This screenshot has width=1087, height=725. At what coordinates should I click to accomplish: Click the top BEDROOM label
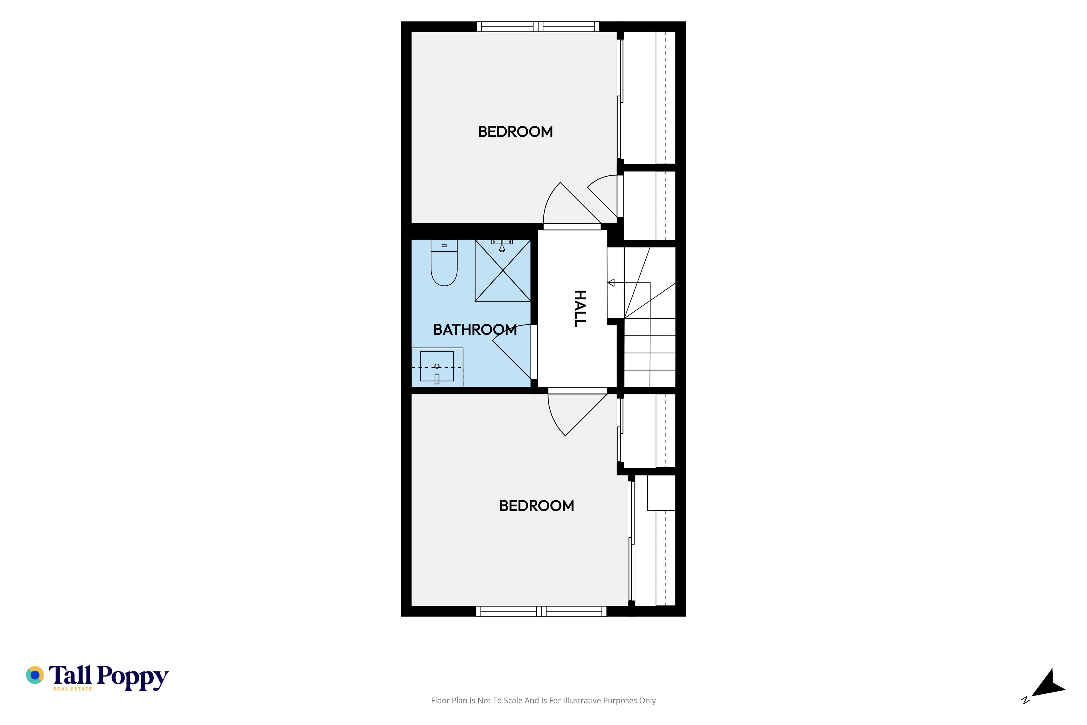(x=515, y=132)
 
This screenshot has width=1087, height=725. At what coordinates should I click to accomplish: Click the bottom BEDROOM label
(x=537, y=506)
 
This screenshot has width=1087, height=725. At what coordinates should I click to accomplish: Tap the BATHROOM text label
(x=475, y=330)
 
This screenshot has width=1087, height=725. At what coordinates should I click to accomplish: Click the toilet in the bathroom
(x=444, y=263)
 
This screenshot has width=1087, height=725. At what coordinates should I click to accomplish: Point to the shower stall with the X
(x=503, y=270)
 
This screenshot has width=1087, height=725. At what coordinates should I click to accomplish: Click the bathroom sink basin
(x=437, y=366)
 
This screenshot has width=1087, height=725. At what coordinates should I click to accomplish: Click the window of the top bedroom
(x=538, y=26)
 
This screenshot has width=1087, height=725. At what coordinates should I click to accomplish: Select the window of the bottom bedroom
(x=541, y=611)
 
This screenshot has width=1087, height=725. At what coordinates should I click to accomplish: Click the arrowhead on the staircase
(x=611, y=283)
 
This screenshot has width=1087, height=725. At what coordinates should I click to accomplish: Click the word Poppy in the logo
(x=133, y=677)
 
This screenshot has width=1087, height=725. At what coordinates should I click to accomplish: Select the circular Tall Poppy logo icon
(x=35, y=675)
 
